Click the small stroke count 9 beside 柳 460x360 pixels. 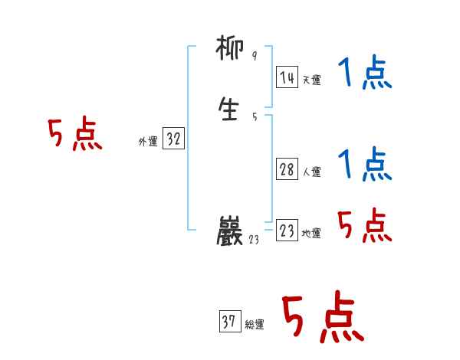(254, 56)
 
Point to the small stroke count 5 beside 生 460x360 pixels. (254, 116)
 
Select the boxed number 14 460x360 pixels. (287, 77)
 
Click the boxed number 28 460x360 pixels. (287, 170)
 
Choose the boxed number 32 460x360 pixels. (174, 139)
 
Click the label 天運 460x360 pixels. (311, 80)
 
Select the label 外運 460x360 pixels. (147, 142)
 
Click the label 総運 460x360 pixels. (255, 325)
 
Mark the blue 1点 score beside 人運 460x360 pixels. (364, 164)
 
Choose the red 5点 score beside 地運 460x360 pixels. (364, 225)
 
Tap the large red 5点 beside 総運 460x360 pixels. (322, 317)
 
